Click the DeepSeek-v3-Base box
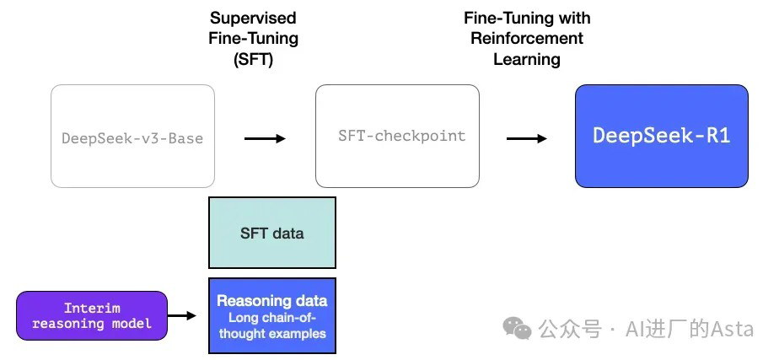pyautogui.click(x=132, y=137)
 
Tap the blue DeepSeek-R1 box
pyautogui.click(x=661, y=136)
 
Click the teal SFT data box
pyautogui.click(x=271, y=233)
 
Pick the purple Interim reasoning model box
pyautogui.click(x=91, y=316)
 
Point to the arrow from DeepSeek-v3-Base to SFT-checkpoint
pyautogui.click(x=265, y=137)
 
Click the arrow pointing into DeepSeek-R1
pyautogui.click(x=527, y=137)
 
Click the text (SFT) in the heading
pyautogui.click(x=254, y=59)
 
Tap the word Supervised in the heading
pyautogui.click(x=254, y=18)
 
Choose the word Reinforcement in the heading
pyautogui.click(x=527, y=38)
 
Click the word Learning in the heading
pyautogui.click(x=527, y=59)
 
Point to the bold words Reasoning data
pyautogui.click(x=271, y=300)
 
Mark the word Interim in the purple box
pyautogui.click(x=91, y=309)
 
